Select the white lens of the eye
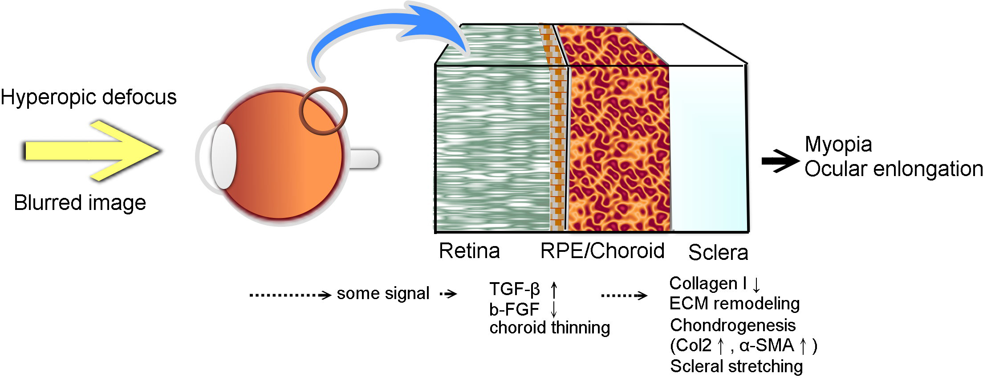click(223, 156)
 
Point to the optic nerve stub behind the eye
click(364, 159)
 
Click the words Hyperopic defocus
click(89, 97)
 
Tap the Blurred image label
click(80, 203)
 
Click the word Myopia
click(838, 144)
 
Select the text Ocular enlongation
click(893, 169)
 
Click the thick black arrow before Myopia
click(780, 161)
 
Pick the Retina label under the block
click(469, 251)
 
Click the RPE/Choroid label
click(602, 251)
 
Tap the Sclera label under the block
click(718, 252)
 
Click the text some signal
click(383, 293)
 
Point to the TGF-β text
click(515, 289)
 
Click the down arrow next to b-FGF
click(554, 309)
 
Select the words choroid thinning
click(549, 328)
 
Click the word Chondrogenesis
click(733, 325)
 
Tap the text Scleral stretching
click(736, 366)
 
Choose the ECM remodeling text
click(735, 304)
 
